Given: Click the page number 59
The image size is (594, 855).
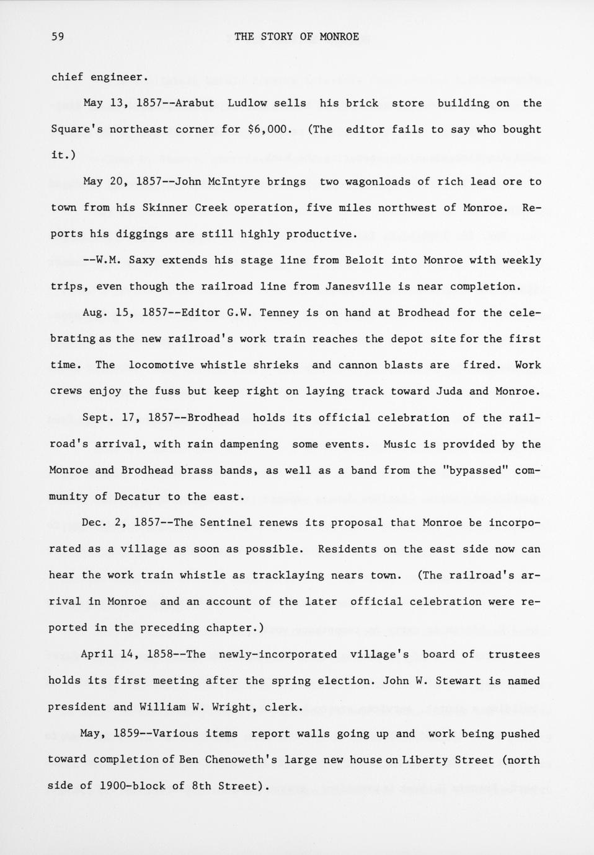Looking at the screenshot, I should pos(58,37).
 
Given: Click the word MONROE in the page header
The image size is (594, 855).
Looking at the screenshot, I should pos(339,37).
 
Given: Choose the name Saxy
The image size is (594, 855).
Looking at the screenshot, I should pos(142,260).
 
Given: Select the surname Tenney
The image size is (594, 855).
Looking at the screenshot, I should pos(279,312).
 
